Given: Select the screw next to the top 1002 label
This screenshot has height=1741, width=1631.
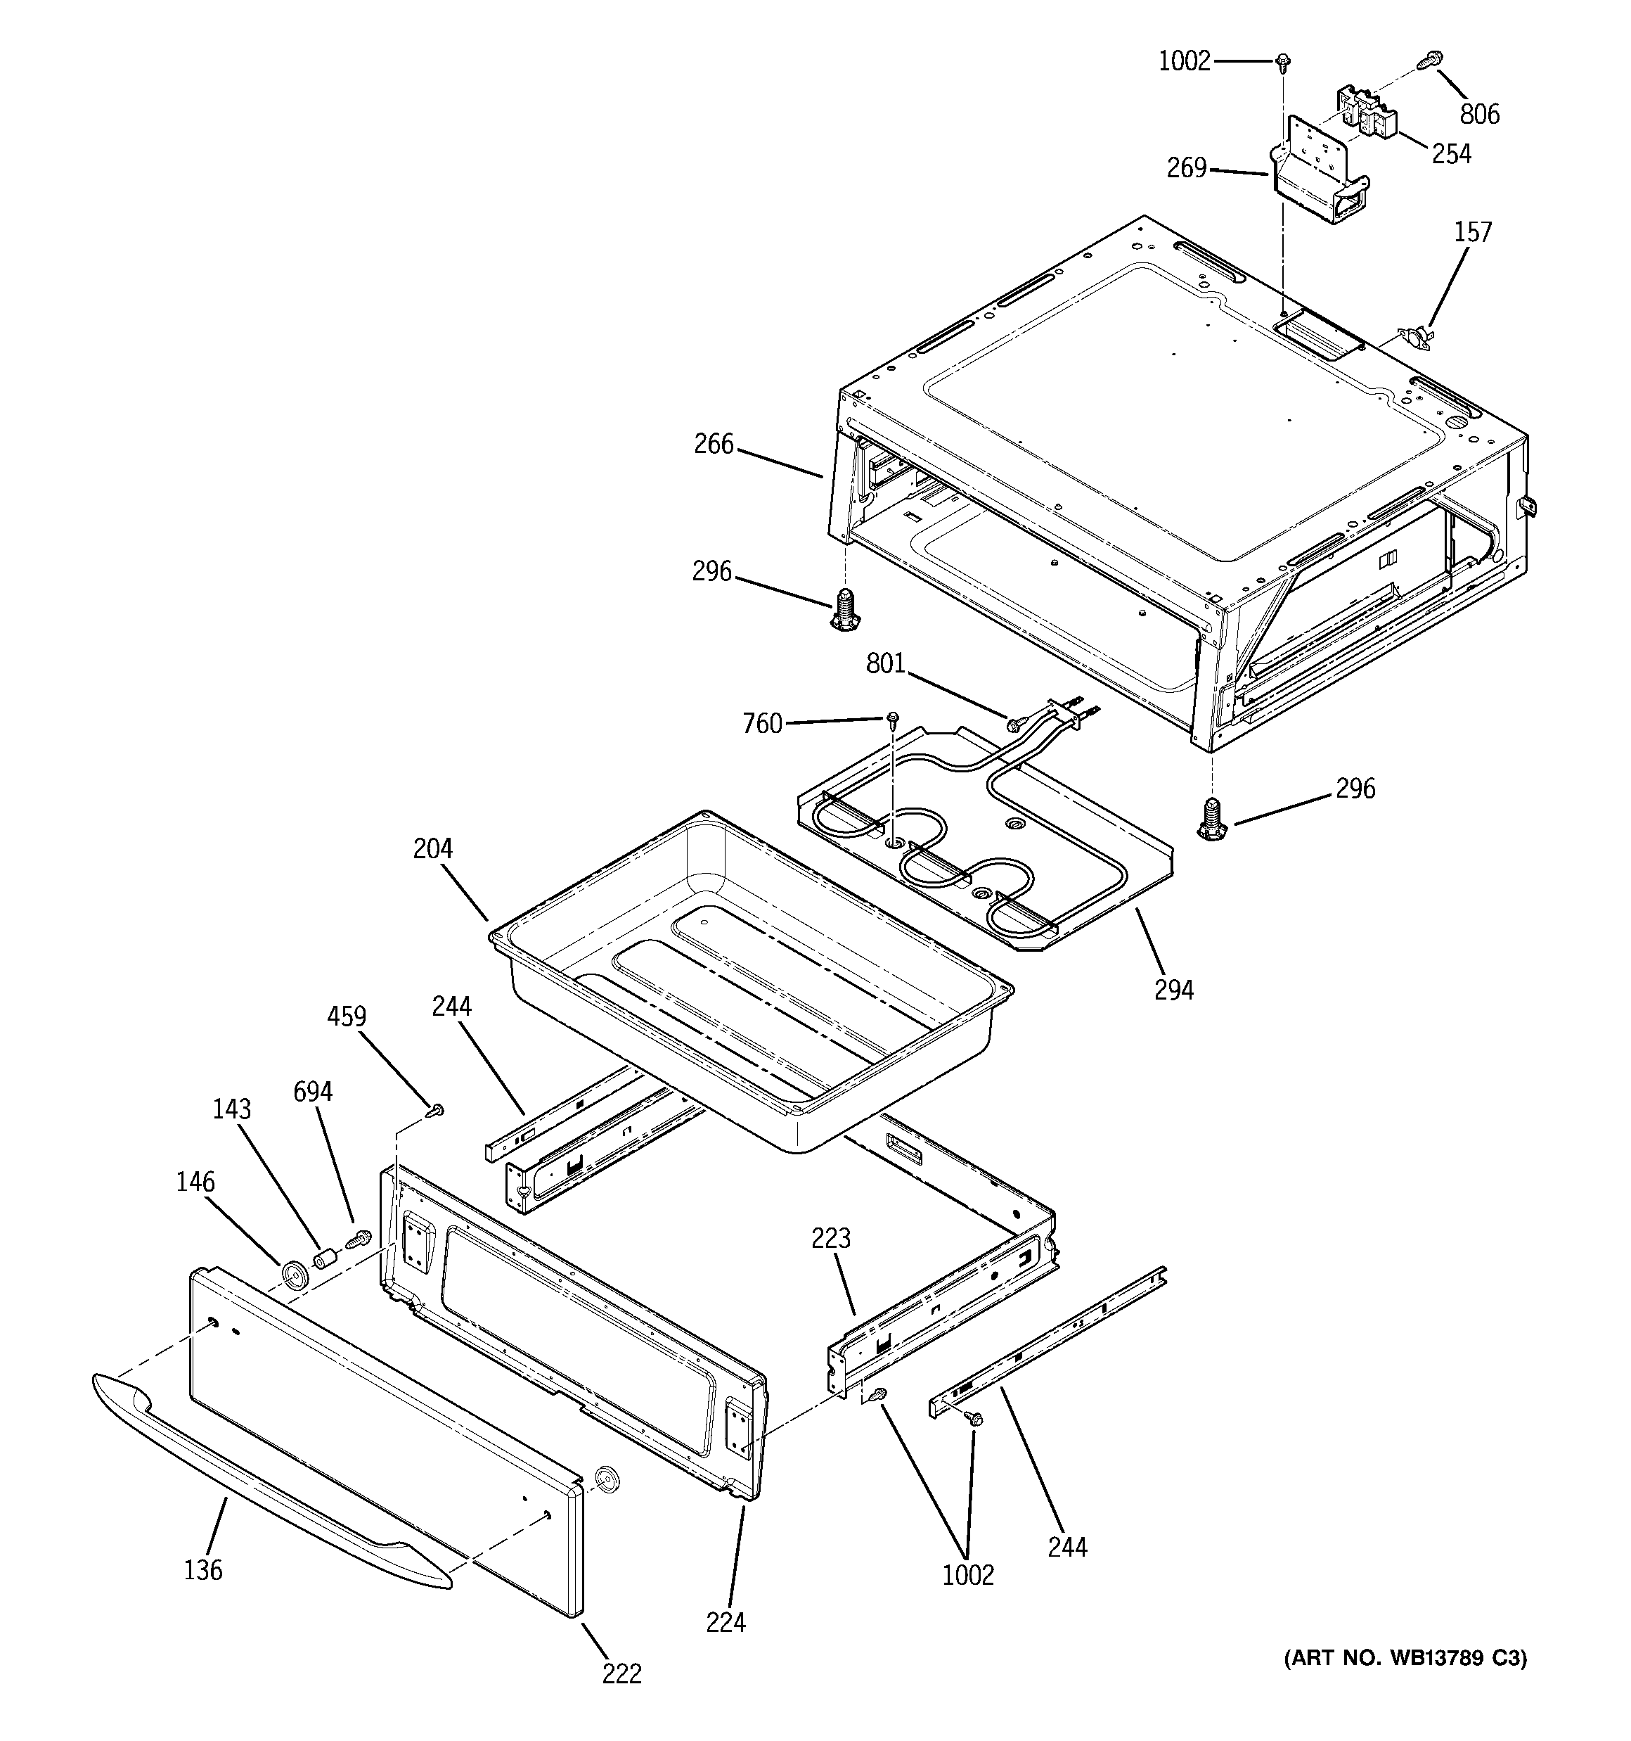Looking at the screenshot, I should (1284, 61).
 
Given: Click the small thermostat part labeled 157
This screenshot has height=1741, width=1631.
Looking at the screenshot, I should (1416, 336).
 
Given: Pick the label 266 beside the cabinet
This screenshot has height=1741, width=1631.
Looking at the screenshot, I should (714, 444).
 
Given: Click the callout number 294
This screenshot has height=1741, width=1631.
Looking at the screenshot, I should (1173, 990).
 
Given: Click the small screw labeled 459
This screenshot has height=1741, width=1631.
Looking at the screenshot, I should (435, 1111).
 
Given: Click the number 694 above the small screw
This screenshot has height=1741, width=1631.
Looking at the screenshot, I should (313, 1091).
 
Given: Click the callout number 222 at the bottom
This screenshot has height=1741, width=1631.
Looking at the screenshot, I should (621, 1673).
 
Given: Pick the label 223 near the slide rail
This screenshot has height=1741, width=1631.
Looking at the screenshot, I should (830, 1237).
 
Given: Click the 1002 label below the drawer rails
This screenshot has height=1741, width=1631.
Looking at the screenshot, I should (967, 1576).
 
